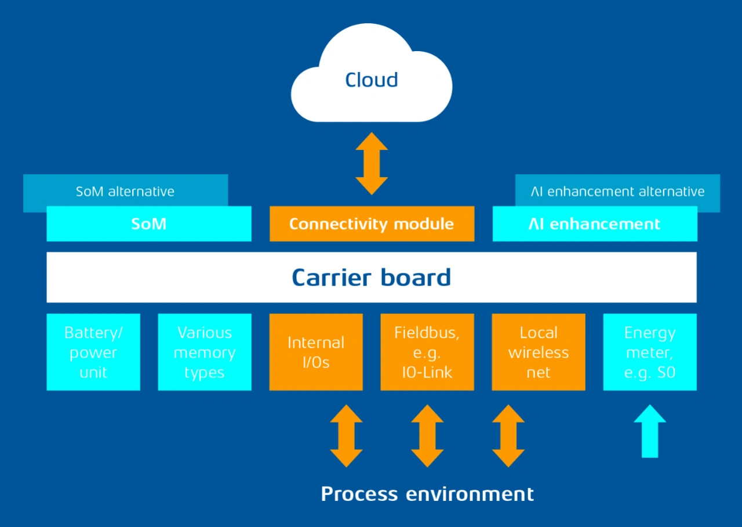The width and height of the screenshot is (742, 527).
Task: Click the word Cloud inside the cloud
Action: (x=372, y=80)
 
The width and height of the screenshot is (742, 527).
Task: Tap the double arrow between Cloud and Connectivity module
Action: (x=372, y=163)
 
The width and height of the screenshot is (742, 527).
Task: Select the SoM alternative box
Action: (x=125, y=191)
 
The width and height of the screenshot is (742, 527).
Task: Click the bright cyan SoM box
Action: (x=149, y=224)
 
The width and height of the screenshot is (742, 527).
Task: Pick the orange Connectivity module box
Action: (x=372, y=224)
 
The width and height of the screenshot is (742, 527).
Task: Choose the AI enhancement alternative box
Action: (x=617, y=191)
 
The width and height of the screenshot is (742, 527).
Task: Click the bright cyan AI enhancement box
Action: (x=595, y=224)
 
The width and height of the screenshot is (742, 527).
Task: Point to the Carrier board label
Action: (x=372, y=277)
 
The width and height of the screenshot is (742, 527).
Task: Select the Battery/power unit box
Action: (x=93, y=352)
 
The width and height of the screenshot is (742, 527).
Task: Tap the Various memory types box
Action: (x=205, y=352)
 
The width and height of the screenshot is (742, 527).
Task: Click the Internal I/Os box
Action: (x=316, y=352)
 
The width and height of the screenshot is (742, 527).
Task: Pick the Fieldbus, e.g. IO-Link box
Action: (x=427, y=352)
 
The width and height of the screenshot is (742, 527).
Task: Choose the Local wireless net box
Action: (x=539, y=352)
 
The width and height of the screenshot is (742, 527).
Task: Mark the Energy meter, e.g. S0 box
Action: (x=650, y=352)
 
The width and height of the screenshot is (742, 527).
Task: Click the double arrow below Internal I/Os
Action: (x=346, y=436)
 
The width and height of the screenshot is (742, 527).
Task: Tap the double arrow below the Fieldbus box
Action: (x=427, y=436)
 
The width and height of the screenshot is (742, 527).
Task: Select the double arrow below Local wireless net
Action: (x=508, y=436)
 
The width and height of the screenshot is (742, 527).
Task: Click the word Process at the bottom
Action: (x=359, y=494)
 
